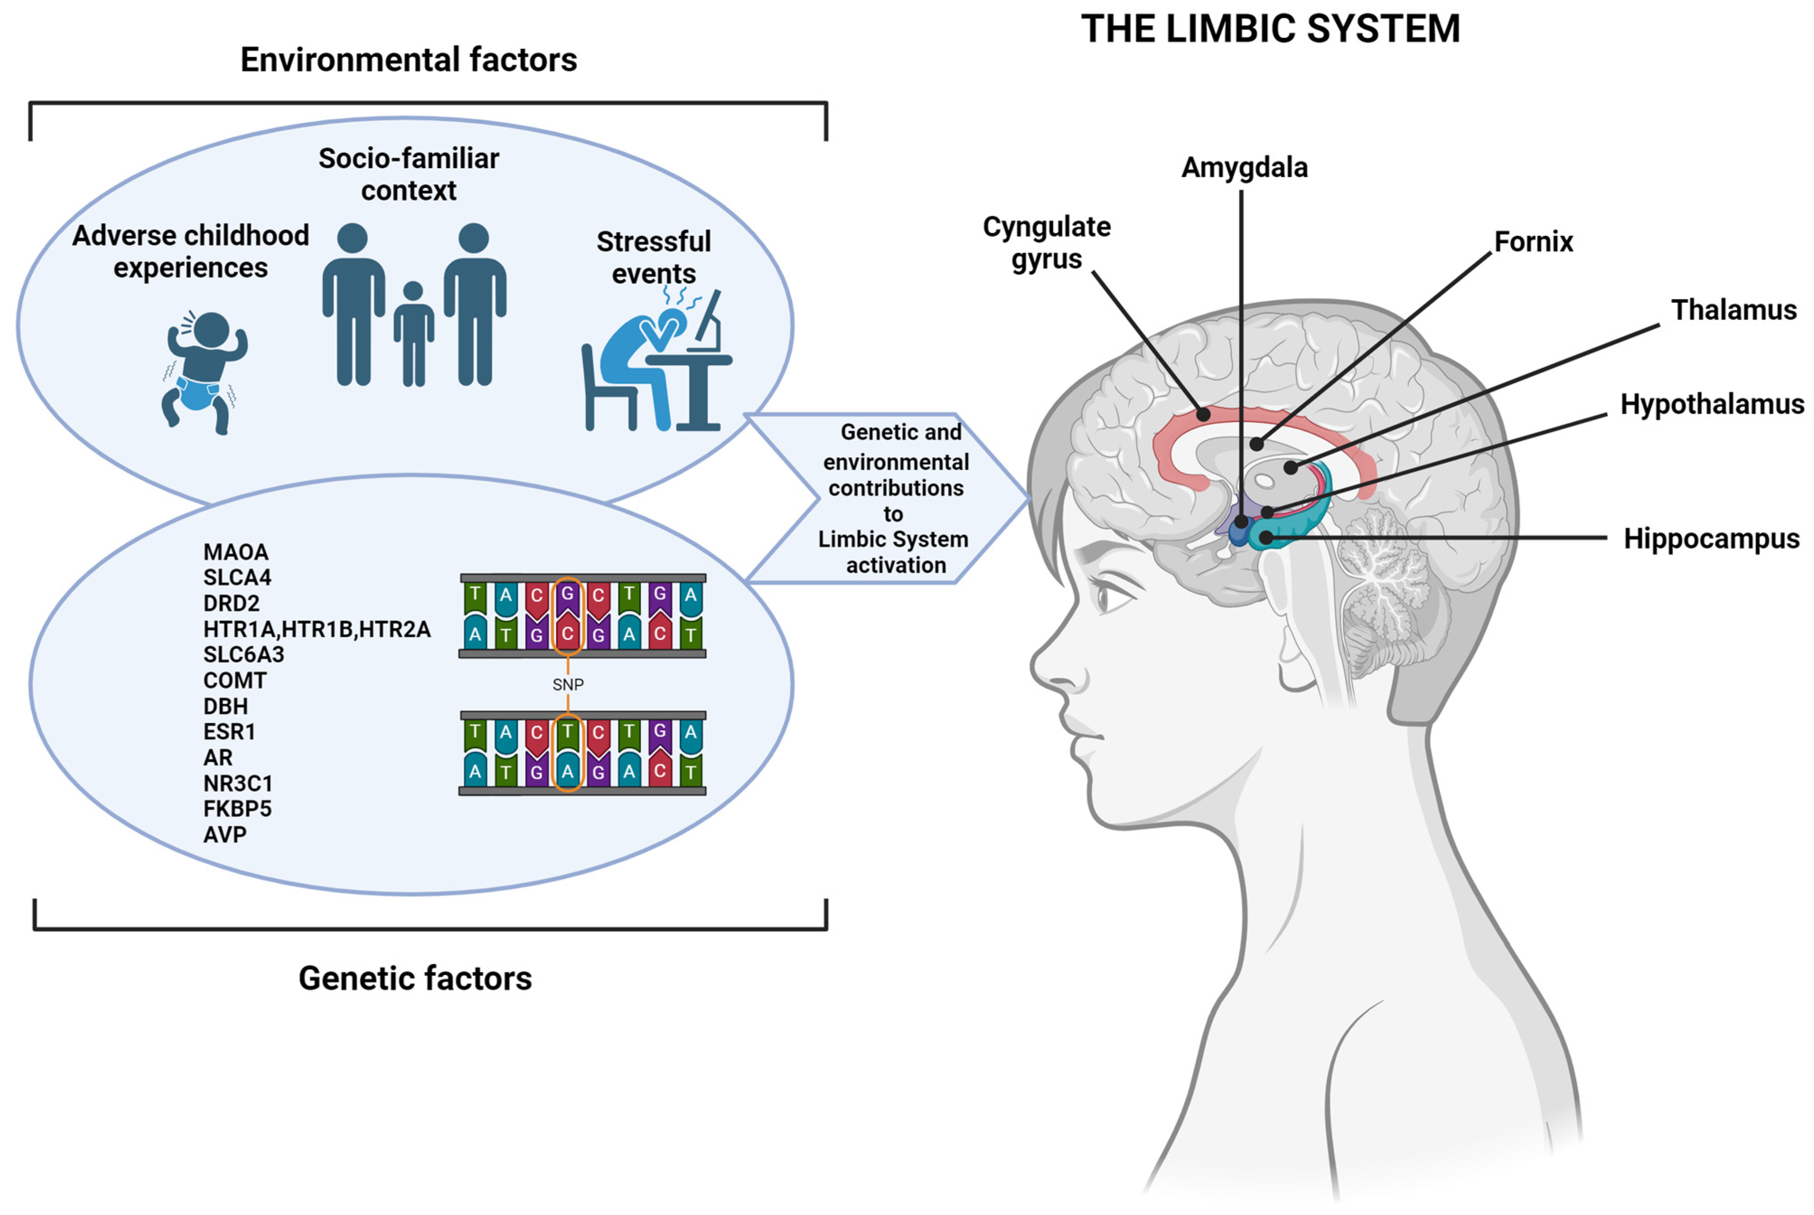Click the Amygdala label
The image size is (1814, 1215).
pos(1244,167)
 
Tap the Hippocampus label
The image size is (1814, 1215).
pos(1711,538)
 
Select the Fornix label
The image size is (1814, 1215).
pos(1533,242)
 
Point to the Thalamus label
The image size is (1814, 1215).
pos(1734,310)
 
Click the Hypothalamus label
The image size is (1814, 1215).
pos(1712,405)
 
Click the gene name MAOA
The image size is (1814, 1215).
pos(235,552)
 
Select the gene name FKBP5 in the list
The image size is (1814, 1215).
pos(237,809)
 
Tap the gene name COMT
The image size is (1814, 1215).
pos(234,680)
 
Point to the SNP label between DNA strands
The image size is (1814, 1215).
pos(568,684)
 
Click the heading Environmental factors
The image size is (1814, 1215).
pos(408,60)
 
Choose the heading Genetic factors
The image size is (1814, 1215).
pos(415,978)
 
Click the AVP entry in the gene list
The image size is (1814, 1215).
pos(225,834)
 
